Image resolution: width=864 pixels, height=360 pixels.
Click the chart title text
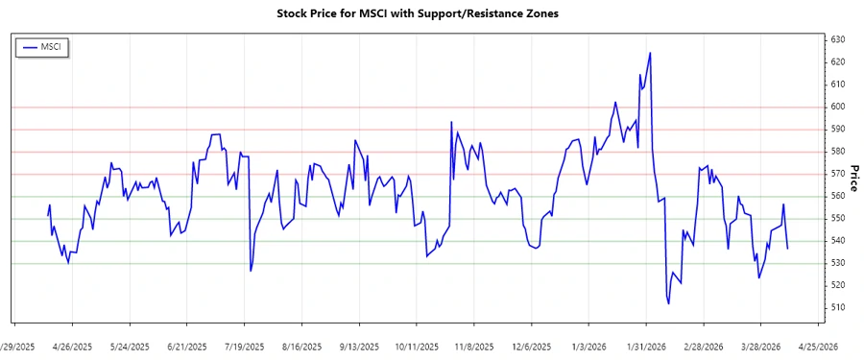click(417, 13)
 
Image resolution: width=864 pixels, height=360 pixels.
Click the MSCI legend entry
click(43, 46)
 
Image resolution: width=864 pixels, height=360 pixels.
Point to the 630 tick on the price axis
click(838, 39)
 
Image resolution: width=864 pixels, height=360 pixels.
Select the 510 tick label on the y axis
click(838, 307)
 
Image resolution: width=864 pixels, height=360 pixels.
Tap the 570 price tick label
click(838, 174)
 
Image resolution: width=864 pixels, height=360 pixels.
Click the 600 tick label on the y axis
click(838, 107)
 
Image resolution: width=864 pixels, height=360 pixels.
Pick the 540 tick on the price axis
click(838, 241)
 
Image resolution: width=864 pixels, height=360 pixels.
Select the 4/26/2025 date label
click(72, 347)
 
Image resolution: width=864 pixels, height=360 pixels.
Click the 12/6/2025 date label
click(532, 347)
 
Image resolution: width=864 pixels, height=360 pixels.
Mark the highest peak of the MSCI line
click(650, 53)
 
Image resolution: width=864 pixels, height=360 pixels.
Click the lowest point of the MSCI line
click(668, 303)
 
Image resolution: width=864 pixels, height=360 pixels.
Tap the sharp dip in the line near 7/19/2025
click(251, 271)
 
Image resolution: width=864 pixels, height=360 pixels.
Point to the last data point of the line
click(788, 249)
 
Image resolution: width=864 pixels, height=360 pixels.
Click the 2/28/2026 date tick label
click(705, 347)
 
